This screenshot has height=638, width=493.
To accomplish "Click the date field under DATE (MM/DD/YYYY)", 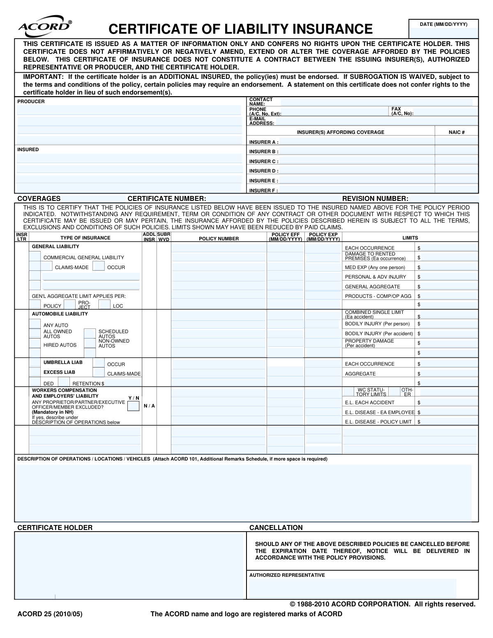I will pos(444,33).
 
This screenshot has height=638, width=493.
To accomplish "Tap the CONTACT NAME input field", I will pos(376,102).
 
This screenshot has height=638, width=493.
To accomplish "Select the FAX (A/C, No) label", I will pos(402,111).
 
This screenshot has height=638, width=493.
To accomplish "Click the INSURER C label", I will pos(264,161).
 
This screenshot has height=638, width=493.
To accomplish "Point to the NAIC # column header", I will pos(456,132).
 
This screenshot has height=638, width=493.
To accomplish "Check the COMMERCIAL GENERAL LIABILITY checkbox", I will pos(35,257).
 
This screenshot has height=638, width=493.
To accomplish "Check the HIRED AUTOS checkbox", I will pos(35,344).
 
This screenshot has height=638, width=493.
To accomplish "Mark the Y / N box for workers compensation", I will pos(133,406).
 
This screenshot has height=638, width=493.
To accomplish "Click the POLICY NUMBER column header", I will pos(219,239).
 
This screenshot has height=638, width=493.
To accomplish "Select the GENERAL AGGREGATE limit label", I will pos(372,287).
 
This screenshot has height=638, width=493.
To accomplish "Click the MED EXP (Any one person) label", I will pos(375,267).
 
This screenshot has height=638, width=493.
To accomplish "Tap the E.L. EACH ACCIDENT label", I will pos(369,403).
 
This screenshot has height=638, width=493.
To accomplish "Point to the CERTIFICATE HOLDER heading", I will pos(55,528).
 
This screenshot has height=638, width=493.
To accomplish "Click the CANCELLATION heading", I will pos(276,528).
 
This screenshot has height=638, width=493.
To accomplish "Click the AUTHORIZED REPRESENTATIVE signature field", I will pos(352,588).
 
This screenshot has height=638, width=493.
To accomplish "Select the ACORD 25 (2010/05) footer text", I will pos(50,614).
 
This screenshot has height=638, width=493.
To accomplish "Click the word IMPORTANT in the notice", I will pos(43,77).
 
